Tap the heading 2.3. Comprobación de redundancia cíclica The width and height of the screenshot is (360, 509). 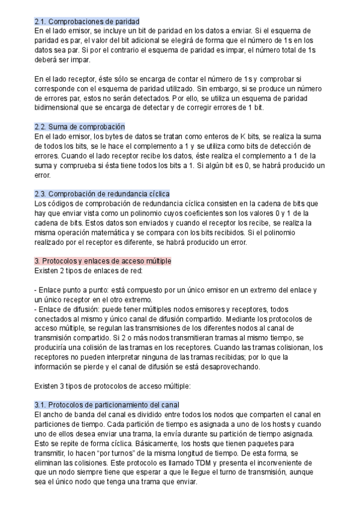(102, 194)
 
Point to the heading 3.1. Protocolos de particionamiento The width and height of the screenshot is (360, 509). (107, 405)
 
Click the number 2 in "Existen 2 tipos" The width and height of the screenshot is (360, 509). (63, 271)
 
